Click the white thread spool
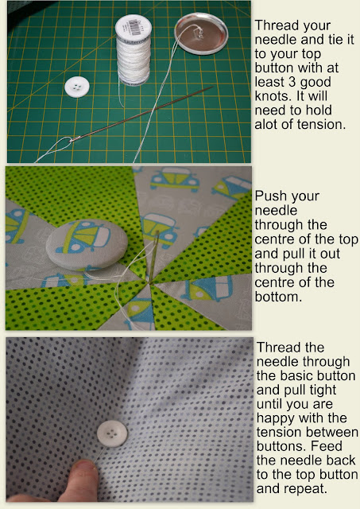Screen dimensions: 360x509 point(134,49)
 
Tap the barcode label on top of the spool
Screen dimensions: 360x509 point(134,25)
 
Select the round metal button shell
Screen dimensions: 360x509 point(201,33)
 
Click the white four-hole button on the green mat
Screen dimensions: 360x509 point(77,87)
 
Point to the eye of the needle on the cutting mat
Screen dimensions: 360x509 point(73,140)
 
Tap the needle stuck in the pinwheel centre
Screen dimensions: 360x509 point(153,256)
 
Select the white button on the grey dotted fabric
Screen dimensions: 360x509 point(112,434)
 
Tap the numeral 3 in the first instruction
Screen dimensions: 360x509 point(292,82)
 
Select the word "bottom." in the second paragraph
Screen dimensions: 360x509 point(279,297)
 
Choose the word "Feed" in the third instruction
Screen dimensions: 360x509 point(327,446)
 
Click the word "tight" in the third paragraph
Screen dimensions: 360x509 point(320,390)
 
